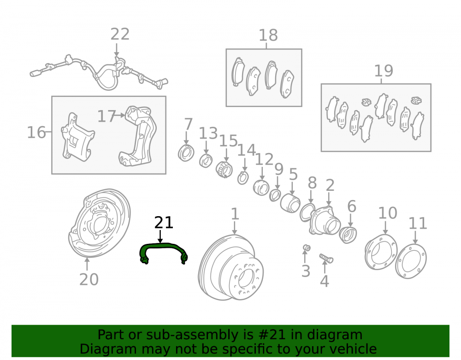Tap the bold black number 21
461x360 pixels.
pyautogui.click(x=164, y=223)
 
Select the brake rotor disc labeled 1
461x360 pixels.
pyautogui.click(x=231, y=267)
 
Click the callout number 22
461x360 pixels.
pyautogui.click(x=120, y=35)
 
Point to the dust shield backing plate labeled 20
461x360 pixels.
pyautogui.click(x=100, y=223)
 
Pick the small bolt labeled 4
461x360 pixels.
pyautogui.click(x=326, y=258)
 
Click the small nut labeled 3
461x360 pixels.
pyautogui.click(x=307, y=248)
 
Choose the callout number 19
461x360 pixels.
pyautogui.click(x=384, y=71)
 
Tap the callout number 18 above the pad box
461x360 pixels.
pyautogui.click(x=268, y=35)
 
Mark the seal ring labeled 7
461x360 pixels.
pyautogui.click(x=186, y=153)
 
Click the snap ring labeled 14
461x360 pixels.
pyautogui.click(x=243, y=178)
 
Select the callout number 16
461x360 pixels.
pyautogui.click(x=36, y=133)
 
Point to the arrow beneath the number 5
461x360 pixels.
pyautogui.click(x=292, y=189)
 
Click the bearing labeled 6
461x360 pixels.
pyautogui.click(x=348, y=235)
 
